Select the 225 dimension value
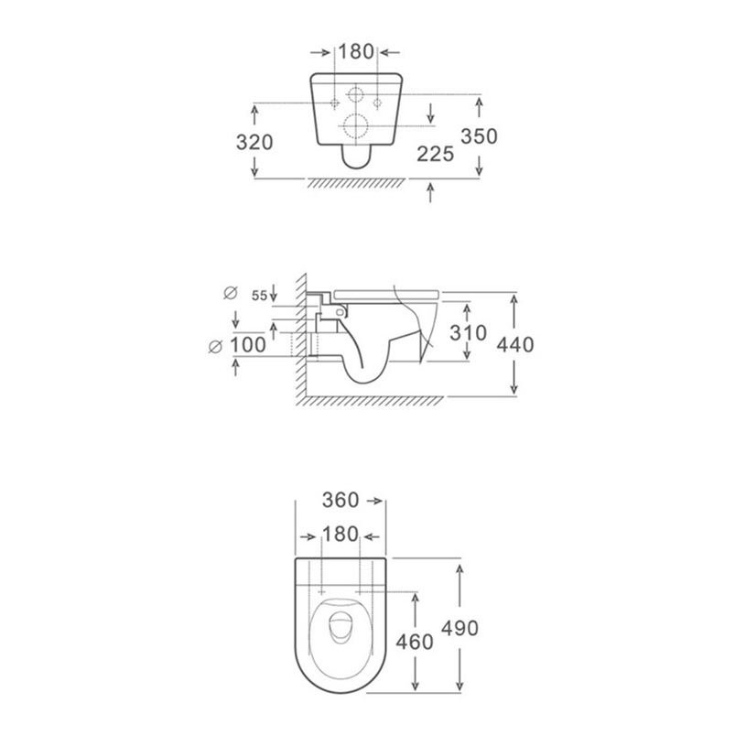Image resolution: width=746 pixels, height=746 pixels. point(436,153)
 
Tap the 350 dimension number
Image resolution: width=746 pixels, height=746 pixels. point(479,136)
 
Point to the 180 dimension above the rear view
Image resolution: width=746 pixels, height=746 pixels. point(356,52)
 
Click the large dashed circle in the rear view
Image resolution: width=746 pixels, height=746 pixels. point(356,126)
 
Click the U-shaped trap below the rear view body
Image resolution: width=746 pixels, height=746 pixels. point(356,157)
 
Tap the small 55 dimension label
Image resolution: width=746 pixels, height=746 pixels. point(259,295)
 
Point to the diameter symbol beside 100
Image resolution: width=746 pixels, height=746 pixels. point(216,345)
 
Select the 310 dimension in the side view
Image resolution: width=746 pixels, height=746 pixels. point(469,333)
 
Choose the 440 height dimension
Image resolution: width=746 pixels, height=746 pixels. point(514,345)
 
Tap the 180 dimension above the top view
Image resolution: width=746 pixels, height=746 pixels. point(341,535)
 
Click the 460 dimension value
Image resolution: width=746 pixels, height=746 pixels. point(416,642)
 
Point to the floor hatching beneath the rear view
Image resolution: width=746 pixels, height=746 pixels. point(356,184)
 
